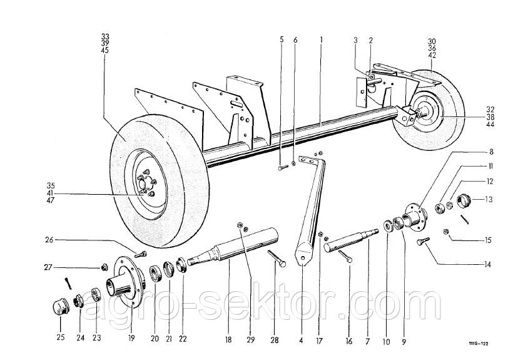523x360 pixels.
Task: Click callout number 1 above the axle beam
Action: point(321,39)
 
